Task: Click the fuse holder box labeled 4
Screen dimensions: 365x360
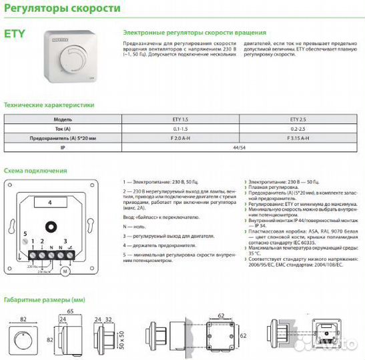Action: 50,201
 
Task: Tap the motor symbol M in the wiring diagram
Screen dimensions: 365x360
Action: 65,271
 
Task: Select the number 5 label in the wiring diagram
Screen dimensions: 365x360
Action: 25,234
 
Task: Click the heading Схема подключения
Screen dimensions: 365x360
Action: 35,171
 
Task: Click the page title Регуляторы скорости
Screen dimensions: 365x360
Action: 63,9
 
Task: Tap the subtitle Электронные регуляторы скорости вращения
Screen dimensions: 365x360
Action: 195,32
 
